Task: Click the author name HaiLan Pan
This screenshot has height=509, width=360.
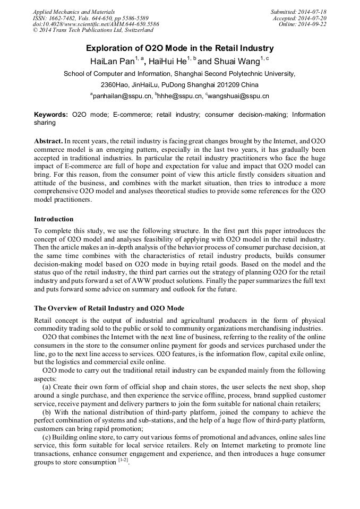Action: point(112,62)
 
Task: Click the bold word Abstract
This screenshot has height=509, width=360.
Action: point(48,142)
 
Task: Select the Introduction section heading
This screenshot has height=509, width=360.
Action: point(54,219)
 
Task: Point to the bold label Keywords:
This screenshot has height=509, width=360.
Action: point(51,115)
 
